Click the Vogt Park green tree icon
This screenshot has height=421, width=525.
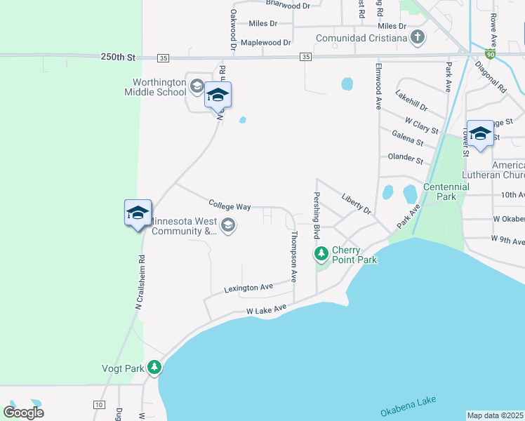154,367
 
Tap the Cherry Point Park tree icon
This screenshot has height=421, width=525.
321,253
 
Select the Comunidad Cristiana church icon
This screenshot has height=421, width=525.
418,37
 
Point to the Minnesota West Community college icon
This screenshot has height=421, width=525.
227,225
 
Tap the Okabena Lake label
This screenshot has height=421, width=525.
408,405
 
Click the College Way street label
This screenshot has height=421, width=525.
230,206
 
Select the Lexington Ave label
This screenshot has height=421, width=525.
248,288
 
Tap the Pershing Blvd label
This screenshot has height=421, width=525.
317,213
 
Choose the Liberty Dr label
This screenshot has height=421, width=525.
356,203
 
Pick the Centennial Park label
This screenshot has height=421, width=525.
446,192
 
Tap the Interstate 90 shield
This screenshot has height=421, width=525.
490,53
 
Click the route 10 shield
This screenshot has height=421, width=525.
98,405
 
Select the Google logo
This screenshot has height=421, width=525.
23,413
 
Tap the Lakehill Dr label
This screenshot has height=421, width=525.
411,101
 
